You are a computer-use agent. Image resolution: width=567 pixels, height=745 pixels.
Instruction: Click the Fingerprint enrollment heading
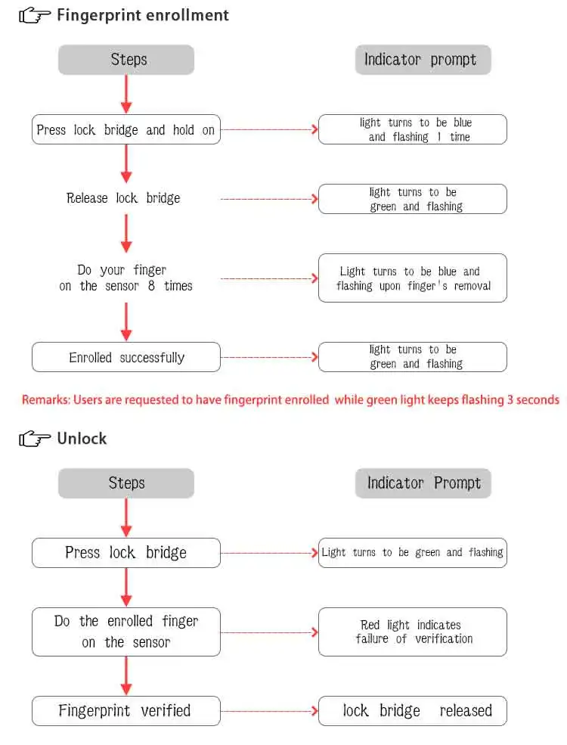coord(142,15)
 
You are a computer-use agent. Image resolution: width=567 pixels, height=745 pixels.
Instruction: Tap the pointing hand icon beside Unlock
coord(35,439)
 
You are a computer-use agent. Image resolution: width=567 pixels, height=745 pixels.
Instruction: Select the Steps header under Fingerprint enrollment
coord(126,60)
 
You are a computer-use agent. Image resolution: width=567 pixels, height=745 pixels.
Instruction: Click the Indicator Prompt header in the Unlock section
coord(423,483)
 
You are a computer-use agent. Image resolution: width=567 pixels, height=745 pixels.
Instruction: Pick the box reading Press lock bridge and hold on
coord(126,129)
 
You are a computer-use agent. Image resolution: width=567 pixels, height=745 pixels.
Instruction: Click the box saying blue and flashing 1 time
coord(413,129)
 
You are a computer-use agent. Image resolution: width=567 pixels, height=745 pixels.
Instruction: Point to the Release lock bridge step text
coord(123,198)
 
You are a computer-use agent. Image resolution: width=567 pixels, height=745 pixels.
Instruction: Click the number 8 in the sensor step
coord(151,286)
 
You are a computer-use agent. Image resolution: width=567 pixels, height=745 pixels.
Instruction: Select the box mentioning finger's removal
coord(413,278)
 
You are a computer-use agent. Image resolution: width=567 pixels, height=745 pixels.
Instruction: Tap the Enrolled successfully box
coord(126,357)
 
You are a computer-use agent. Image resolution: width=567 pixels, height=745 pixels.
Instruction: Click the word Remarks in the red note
coord(45,399)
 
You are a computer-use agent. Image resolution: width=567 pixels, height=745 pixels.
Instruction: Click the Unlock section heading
coord(82,439)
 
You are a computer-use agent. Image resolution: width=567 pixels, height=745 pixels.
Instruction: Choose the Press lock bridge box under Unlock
coord(126,553)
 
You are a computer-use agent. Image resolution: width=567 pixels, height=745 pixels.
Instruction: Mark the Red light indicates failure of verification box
coord(413,632)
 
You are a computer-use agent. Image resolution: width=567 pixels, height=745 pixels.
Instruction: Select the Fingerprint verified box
coord(126,711)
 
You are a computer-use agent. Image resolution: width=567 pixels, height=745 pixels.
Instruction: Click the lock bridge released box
coord(413,711)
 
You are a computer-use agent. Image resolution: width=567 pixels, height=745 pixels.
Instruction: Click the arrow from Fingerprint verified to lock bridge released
coord(269,711)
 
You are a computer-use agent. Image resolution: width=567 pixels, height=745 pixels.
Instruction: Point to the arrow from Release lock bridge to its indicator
coord(269,199)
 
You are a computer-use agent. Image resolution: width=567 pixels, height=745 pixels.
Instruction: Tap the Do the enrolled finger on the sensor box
coord(126,632)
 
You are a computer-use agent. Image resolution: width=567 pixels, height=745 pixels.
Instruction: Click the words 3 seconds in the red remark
coord(533,399)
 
